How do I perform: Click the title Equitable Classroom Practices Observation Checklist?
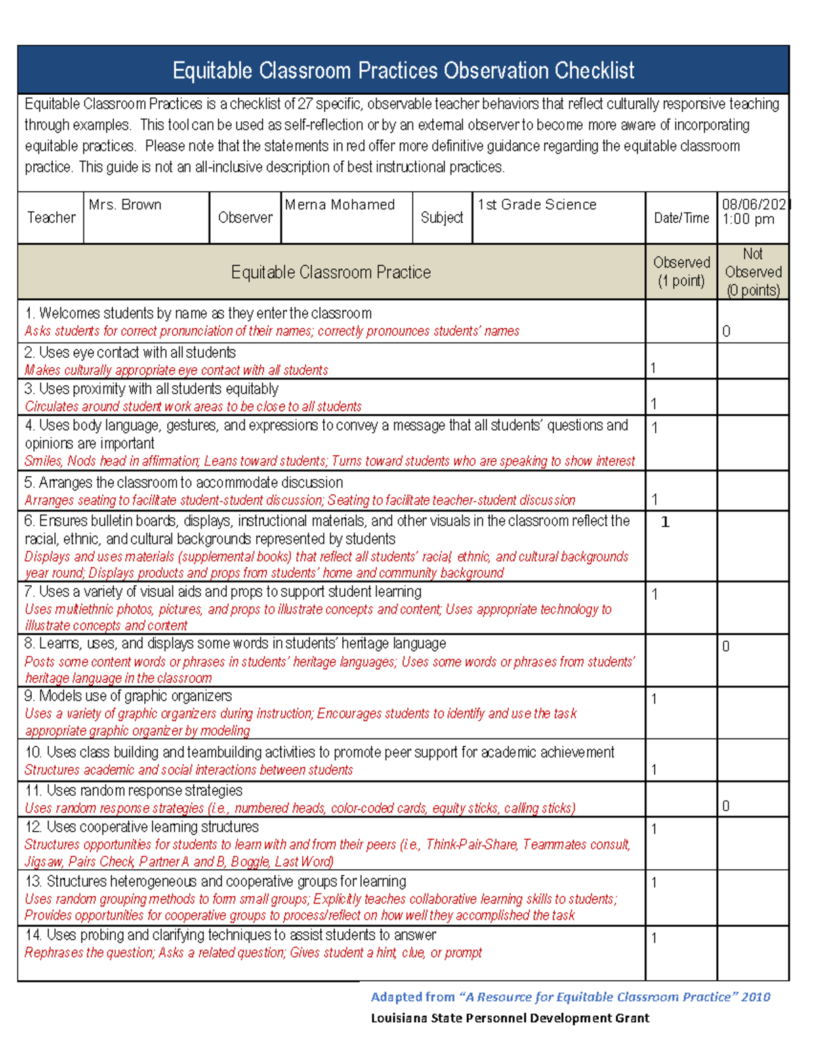click(x=403, y=70)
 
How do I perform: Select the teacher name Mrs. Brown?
click(x=125, y=205)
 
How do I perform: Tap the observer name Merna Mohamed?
click(x=339, y=205)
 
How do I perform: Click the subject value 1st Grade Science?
click(x=537, y=205)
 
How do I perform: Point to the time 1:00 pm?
click(x=748, y=219)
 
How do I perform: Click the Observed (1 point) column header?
click(x=681, y=272)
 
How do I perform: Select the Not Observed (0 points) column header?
click(x=753, y=272)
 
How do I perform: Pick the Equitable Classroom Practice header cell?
click(x=331, y=272)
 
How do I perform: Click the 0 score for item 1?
click(x=726, y=331)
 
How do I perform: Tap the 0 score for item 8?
click(x=726, y=646)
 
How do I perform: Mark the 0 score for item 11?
click(x=726, y=806)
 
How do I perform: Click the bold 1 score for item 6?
click(x=665, y=522)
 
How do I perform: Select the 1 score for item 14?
click(x=654, y=938)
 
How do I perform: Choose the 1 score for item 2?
click(x=653, y=368)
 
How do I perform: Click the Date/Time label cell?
click(x=681, y=218)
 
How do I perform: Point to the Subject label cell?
click(x=442, y=218)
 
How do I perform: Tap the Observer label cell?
click(x=245, y=218)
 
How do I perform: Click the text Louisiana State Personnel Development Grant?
click(x=509, y=1018)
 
